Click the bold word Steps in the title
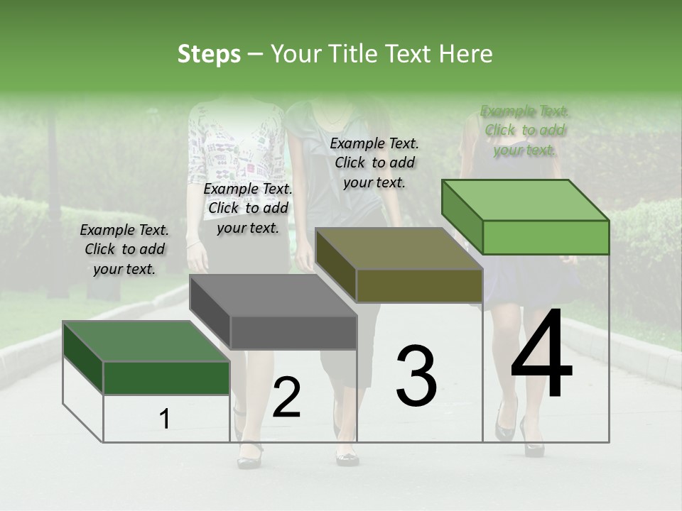pyautogui.click(x=209, y=54)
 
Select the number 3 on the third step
pyautogui.click(x=416, y=375)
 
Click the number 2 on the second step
pyautogui.click(x=286, y=397)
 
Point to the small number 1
pyautogui.click(x=165, y=419)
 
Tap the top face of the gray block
pyautogui.click(x=274, y=295)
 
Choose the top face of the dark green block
pyautogui.click(x=146, y=341)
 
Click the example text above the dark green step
pyautogui.click(x=124, y=250)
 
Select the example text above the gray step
pyautogui.click(x=248, y=208)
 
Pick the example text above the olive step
pyautogui.click(x=374, y=163)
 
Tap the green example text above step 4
pyautogui.click(x=524, y=130)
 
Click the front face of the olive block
pyautogui.click(x=419, y=286)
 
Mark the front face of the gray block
pyautogui.click(x=293, y=333)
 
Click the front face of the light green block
pyautogui.click(x=546, y=238)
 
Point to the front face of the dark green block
pyautogui.click(x=167, y=378)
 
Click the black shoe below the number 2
pyautogui.click(x=249, y=455)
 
